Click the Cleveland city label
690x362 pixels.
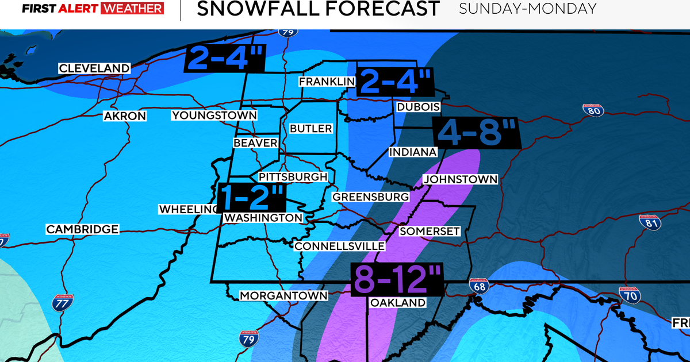pos(95,68)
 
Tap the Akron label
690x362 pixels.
pos(125,116)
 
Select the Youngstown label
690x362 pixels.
pos(214,115)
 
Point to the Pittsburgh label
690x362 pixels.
pos(293,177)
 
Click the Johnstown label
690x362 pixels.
pos(460,179)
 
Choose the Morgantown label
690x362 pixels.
pos(283,295)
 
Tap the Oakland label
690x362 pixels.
pos(398,302)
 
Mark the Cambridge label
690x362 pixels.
pos(83,229)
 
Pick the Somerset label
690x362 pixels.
pos(430,231)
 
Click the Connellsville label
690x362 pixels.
pos(339,246)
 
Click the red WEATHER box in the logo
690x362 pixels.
pos(132,9)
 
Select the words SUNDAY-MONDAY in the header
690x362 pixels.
pos(528,9)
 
